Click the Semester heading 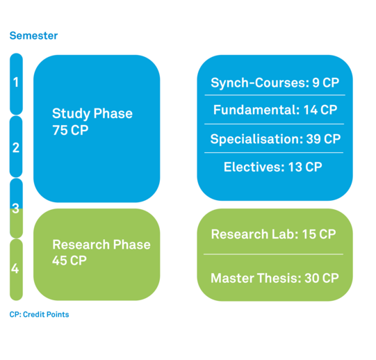(x=33, y=35)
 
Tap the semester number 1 (x=16, y=82)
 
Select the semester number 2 (x=16, y=147)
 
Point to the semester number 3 (x=16, y=208)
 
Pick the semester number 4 (x=15, y=268)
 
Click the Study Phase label (x=92, y=114)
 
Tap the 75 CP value (x=70, y=130)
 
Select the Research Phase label (x=101, y=245)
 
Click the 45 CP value (x=70, y=261)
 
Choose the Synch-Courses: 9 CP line (x=275, y=83)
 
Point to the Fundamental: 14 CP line (x=275, y=110)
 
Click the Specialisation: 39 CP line (x=275, y=139)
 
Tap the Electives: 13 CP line (x=273, y=167)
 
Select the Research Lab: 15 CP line (x=273, y=234)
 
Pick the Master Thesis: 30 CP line (x=275, y=278)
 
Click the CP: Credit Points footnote (x=39, y=314)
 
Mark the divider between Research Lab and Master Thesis (x=273, y=254)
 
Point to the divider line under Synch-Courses (x=275, y=95)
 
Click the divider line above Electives (x=274, y=152)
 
